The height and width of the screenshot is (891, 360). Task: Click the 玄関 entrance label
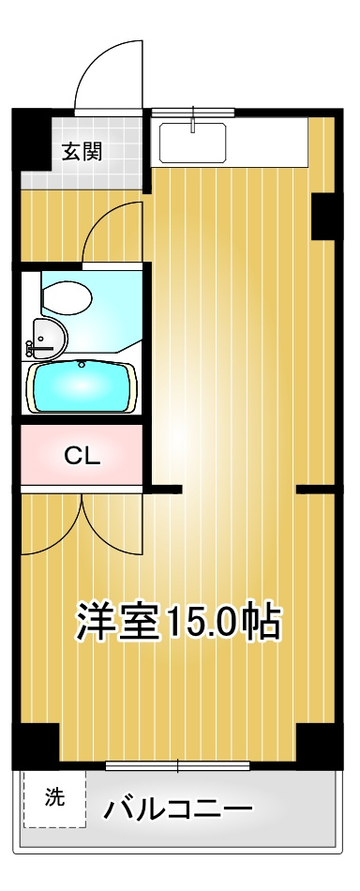point(82,152)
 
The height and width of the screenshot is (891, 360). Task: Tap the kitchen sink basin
point(192,142)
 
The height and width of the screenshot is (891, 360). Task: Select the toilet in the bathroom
point(67,297)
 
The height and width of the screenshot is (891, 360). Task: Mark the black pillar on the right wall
point(323,217)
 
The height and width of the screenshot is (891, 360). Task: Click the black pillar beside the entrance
point(31,139)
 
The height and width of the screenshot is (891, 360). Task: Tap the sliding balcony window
point(178,765)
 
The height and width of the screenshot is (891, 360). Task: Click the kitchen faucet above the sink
point(194,118)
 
